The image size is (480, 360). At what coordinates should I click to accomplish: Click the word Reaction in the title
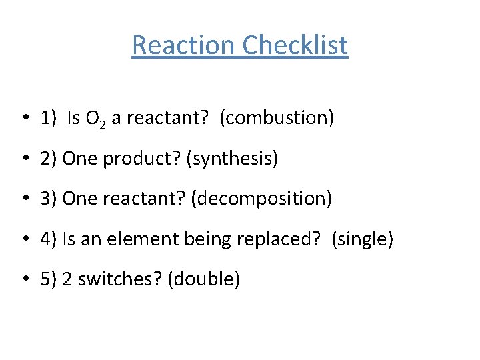click(184, 45)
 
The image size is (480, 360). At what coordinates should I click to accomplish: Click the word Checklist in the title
click(295, 45)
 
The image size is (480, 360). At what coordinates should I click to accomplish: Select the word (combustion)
click(277, 119)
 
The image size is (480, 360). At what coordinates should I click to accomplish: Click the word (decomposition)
click(261, 199)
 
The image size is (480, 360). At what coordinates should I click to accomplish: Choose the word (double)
click(203, 279)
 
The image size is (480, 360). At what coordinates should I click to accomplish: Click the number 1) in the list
click(48, 119)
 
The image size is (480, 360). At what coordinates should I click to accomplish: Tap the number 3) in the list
click(48, 199)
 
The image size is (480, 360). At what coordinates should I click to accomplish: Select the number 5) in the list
click(48, 279)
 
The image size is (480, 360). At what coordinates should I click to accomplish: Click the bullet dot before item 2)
click(23, 159)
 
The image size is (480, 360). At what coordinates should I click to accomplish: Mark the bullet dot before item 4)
click(23, 239)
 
